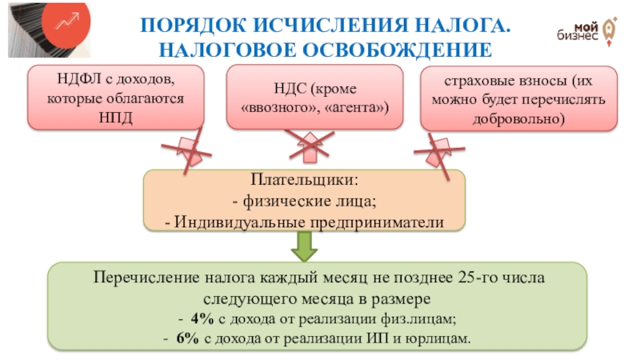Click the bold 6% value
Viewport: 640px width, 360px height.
[x=187, y=338]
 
